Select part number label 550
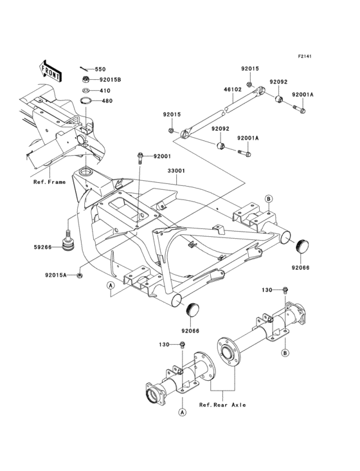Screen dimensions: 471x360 pyautogui.click(x=100, y=69)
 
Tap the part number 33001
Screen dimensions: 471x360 pyautogui.click(x=176, y=171)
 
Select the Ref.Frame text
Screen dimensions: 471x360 pyautogui.click(x=50, y=182)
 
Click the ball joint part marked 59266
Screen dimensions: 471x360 pyautogui.click(x=66, y=243)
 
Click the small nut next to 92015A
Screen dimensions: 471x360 pyautogui.click(x=78, y=275)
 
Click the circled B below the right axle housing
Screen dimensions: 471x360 pyautogui.click(x=285, y=353)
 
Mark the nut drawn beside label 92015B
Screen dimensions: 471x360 pyautogui.click(x=85, y=80)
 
